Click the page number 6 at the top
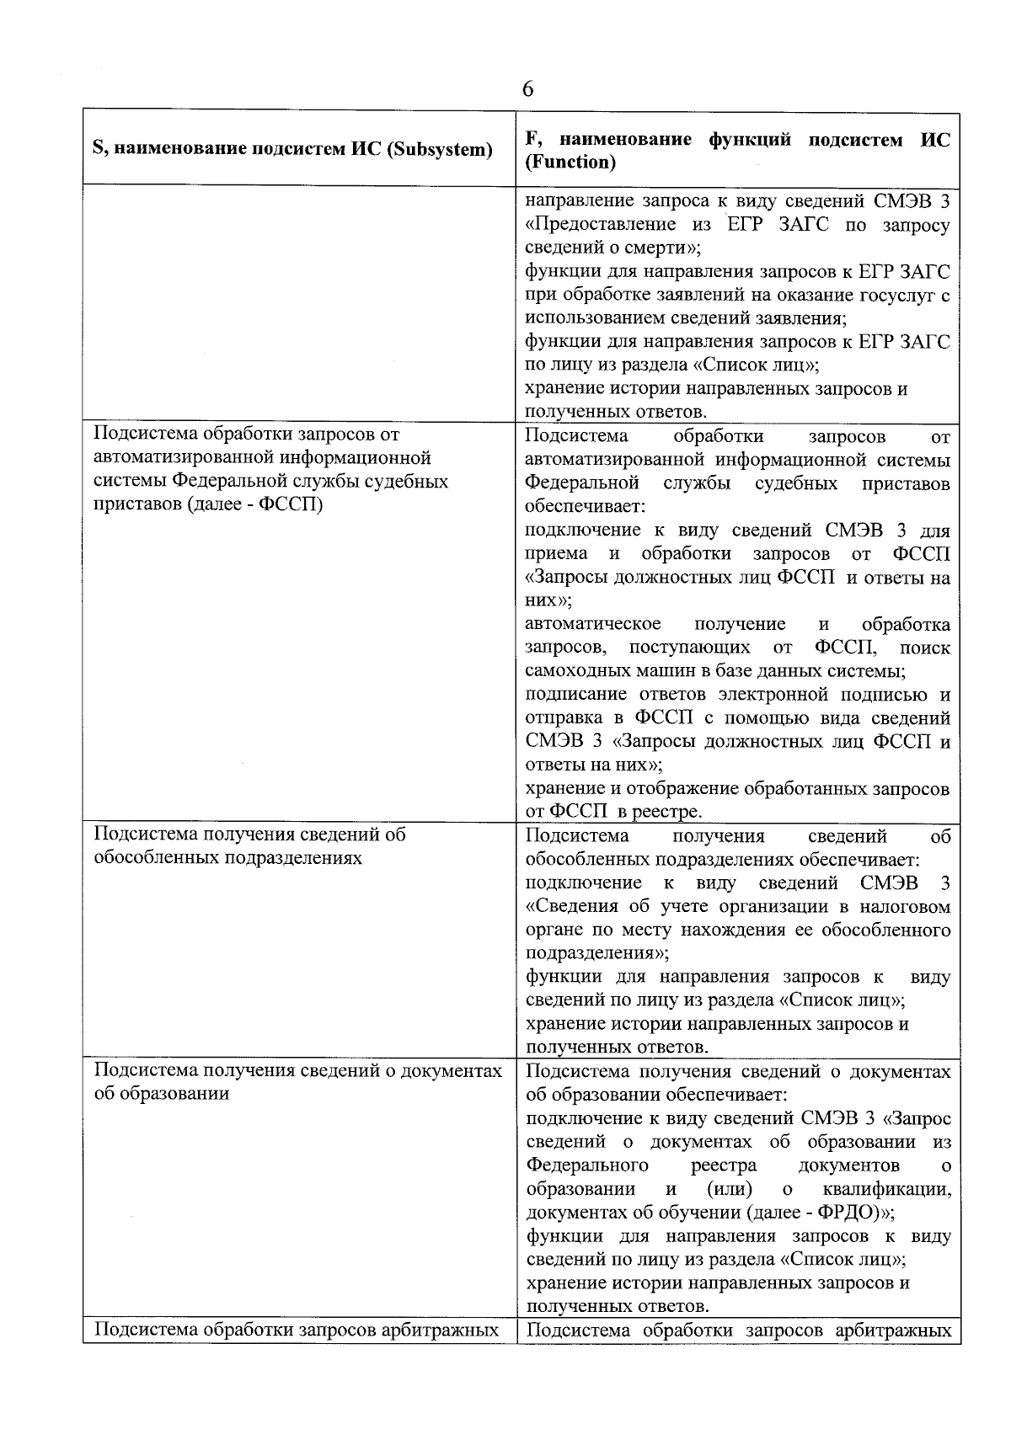pos(527,90)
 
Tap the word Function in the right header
pos(570,162)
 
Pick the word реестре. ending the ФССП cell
pos(664,811)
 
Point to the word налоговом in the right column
pos(905,907)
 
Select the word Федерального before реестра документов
pos(587,1166)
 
